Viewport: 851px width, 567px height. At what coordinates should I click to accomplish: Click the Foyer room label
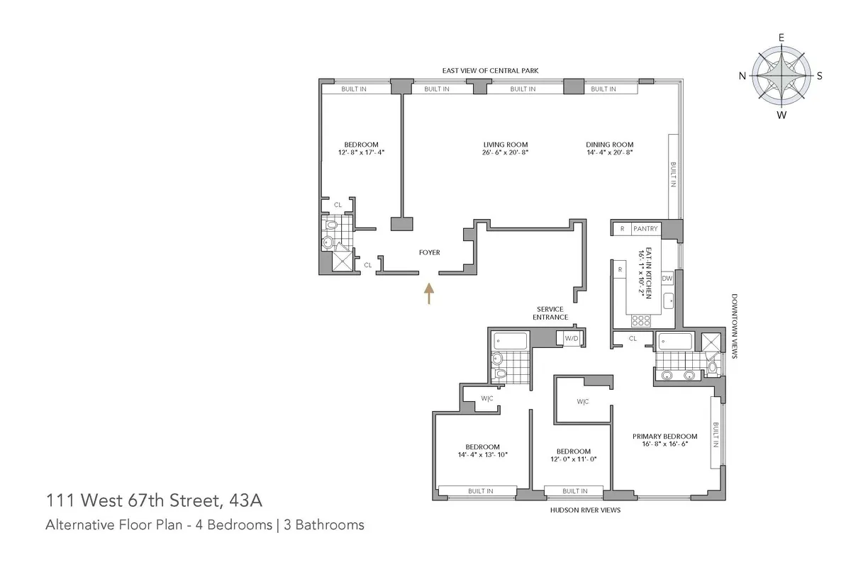429,252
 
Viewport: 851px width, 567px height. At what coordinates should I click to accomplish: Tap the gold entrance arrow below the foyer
428,293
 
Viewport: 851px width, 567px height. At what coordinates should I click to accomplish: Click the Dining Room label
609,144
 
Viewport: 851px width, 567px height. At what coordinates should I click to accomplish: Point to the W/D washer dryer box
572,339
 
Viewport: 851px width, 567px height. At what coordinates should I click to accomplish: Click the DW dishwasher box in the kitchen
667,279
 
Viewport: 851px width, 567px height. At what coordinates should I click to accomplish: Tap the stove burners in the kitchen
641,320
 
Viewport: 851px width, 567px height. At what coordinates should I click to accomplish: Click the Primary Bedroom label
664,436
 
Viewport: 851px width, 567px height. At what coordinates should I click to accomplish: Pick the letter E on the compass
781,38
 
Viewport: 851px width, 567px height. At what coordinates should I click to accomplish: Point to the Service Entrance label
550,313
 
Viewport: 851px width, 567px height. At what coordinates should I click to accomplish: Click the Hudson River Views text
585,510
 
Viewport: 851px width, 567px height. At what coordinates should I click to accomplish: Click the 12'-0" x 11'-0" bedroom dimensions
573,459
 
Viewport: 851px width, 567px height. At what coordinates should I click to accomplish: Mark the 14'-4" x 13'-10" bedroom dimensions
483,454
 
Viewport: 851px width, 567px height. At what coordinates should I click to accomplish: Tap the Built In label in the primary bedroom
716,434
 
